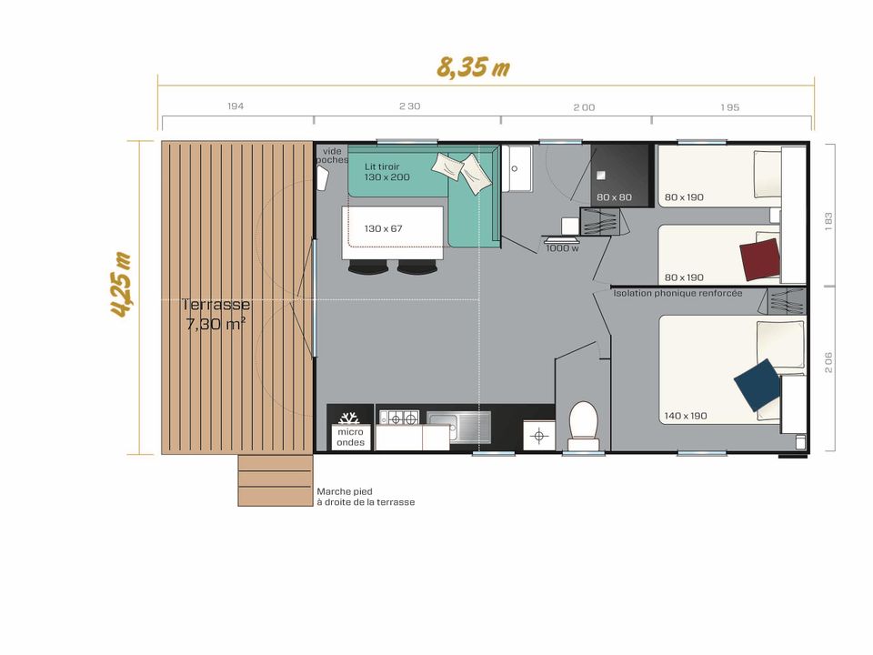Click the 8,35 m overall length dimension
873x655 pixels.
coord(473,66)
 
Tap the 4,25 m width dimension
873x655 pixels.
coord(121,285)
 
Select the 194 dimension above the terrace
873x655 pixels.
coord(236,106)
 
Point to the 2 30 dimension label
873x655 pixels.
coord(410,106)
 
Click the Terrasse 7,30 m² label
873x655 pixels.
coord(216,314)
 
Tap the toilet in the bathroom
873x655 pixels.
coord(584,426)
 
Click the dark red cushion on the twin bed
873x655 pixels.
coord(759,259)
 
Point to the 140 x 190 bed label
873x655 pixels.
coord(686,416)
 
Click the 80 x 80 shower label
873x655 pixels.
coord(614,197)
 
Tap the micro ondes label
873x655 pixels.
coord(351,438)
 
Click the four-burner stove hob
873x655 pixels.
coord(399,418)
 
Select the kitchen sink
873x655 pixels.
coord(458,428)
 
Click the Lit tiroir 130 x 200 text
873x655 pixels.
coord(387,172)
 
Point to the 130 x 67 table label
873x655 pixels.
coord(383,228)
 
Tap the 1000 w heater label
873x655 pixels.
coord(562,248)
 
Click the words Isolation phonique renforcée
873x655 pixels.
coord(677,293)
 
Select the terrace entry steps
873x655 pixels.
coord(275,480)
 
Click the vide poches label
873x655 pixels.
coord(332,156)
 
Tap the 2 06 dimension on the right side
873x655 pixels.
coord(828,362)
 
